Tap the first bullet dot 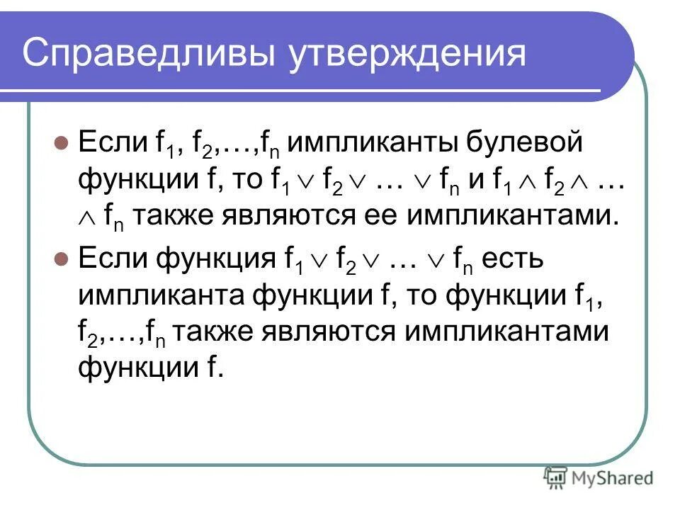60,142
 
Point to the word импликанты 376,142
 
